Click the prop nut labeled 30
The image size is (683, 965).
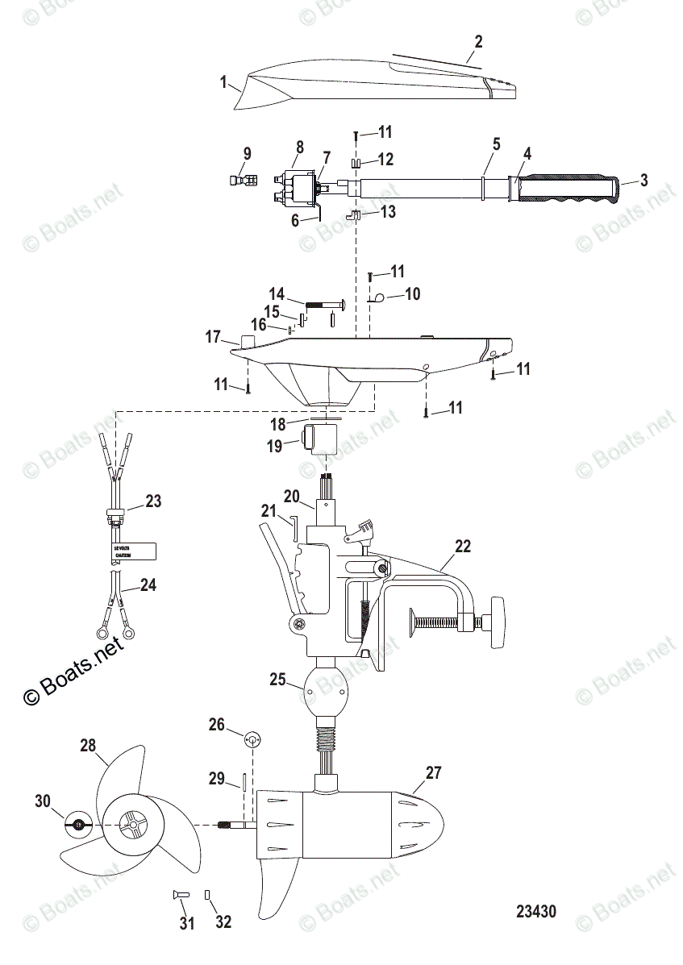(78, 823)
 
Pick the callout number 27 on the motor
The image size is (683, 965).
(434, 772)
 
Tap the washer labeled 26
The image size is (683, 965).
(251, 739)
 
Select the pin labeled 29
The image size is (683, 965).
(243, 782)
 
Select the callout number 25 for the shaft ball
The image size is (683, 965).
(278, 680)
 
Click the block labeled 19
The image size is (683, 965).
(319, 442)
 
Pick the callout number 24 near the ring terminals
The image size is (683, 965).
(148, 585)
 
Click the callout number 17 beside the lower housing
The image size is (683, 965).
(213, 338)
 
